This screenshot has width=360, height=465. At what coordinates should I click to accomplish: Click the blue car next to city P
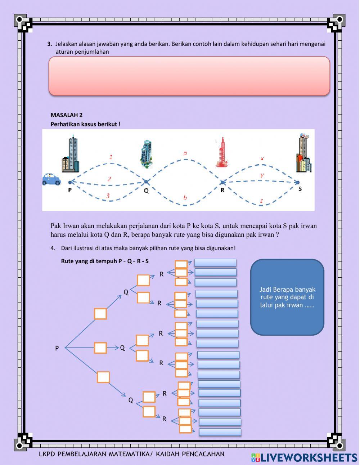coord(51,179)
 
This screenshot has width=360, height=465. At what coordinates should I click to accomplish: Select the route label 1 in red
coord(111,157)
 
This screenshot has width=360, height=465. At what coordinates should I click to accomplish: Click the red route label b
coord(185,197)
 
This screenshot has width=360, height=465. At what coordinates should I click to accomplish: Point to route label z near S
coord(261,201)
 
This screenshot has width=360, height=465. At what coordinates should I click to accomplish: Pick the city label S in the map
coord(300,188)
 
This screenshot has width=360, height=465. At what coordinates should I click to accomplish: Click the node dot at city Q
coord(146,182)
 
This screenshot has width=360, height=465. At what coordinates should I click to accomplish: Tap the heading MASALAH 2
coord(67,115)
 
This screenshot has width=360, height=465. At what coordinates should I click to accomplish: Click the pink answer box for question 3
coord(189,76)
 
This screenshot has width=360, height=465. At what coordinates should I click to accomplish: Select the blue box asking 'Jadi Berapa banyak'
coord(287,297)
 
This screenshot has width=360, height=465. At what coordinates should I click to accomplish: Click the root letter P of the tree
coord(57,348)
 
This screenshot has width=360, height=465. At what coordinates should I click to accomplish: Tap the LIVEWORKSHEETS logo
coord(304,458)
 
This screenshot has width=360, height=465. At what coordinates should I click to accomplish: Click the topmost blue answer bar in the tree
coord(215,263)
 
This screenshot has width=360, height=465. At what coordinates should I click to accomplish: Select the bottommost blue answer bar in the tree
coord(220,432)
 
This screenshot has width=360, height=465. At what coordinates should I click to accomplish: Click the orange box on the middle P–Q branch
coord(100,348)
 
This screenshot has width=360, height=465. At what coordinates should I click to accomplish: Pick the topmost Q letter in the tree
coord(126,292)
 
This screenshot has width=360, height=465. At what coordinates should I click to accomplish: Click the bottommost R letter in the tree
coord(164,419)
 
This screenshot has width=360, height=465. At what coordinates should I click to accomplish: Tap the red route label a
coord(185,153)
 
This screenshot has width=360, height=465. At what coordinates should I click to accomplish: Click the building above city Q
coord(147,154)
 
